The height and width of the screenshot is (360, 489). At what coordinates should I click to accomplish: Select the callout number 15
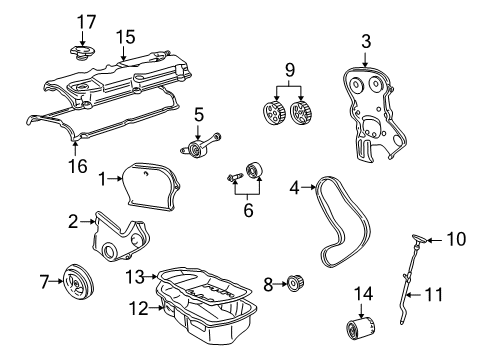point(124,36)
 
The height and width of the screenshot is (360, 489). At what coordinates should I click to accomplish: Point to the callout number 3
point(366,41)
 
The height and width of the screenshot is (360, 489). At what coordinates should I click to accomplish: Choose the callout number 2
point(73,221)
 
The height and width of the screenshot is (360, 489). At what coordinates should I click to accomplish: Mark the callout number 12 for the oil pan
point(130,307)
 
